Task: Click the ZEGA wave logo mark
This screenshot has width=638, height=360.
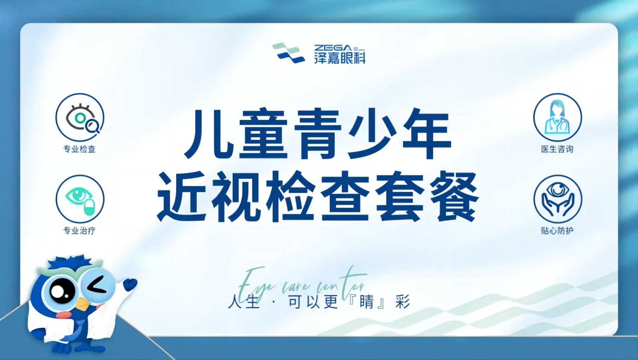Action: (x=288, y=53)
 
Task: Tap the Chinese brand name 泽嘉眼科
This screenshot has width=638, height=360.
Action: (x=340, y=58)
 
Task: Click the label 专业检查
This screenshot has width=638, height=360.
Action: (x=79, y=149)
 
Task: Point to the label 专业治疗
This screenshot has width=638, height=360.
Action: (x=79, y=231)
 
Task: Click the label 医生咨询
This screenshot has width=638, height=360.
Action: (x=557, y=149)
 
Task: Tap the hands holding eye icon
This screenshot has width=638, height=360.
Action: (x=558, y=199)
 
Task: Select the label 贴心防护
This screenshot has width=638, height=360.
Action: (x=557, y=231)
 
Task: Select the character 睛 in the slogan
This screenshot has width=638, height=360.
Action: (x=366, y=302)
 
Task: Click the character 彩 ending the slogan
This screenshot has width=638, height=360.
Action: (x=402, y=302)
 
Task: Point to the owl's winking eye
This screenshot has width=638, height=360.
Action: (x=98, y=286)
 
